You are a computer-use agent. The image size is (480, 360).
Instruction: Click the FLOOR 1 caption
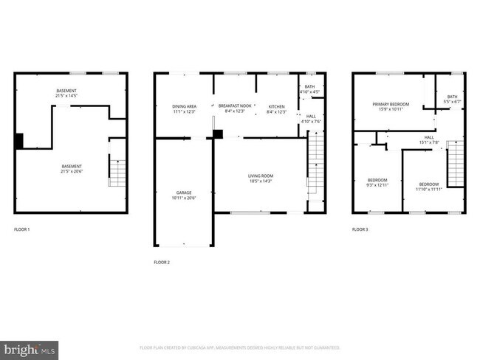click(x=22, y=230)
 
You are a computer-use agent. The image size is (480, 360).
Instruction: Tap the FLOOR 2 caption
click(x=162, y=262)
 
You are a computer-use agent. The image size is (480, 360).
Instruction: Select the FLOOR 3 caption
click(x=360, y=230)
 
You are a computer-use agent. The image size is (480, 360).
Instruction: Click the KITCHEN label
click(x=276, y=106)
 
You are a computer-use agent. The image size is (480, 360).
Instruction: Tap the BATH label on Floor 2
click(x=309, y=87)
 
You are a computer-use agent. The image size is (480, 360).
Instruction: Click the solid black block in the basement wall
click(x=20, y=140)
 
